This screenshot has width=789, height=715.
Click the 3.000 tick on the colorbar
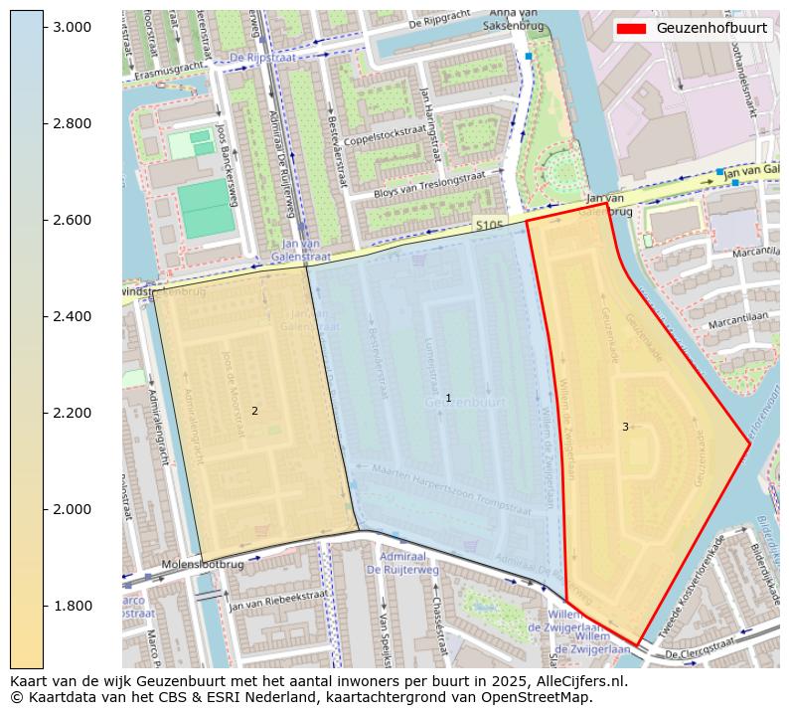point(73,27)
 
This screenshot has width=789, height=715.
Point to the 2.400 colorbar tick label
point(73,316)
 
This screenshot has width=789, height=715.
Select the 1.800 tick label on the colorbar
point(73,606)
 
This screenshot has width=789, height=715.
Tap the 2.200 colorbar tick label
point(73,413)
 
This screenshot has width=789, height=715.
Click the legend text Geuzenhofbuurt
point(711,28)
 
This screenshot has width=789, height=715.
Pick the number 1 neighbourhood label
point(448,398)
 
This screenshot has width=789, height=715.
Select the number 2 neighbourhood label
point(254,411)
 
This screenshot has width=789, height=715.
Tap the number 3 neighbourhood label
point(625,427)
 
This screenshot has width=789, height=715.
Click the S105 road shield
point(490,225)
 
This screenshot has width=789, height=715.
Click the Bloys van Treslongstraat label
point(429,184)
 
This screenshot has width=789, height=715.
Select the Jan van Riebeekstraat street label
point(277,599)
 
